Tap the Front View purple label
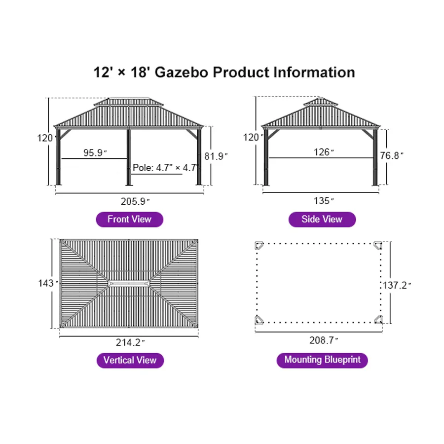point(129,219)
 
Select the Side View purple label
point(322,219)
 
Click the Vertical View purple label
point(130,360)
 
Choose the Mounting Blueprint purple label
point(322,360)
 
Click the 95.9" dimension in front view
point(96,153)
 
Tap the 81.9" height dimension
point(216,156)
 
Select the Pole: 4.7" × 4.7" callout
point(165,168)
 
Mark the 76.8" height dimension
point(392,155)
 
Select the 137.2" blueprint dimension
point(397,285)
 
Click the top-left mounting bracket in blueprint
point(259,246)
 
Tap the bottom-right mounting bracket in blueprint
point(378,320)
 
